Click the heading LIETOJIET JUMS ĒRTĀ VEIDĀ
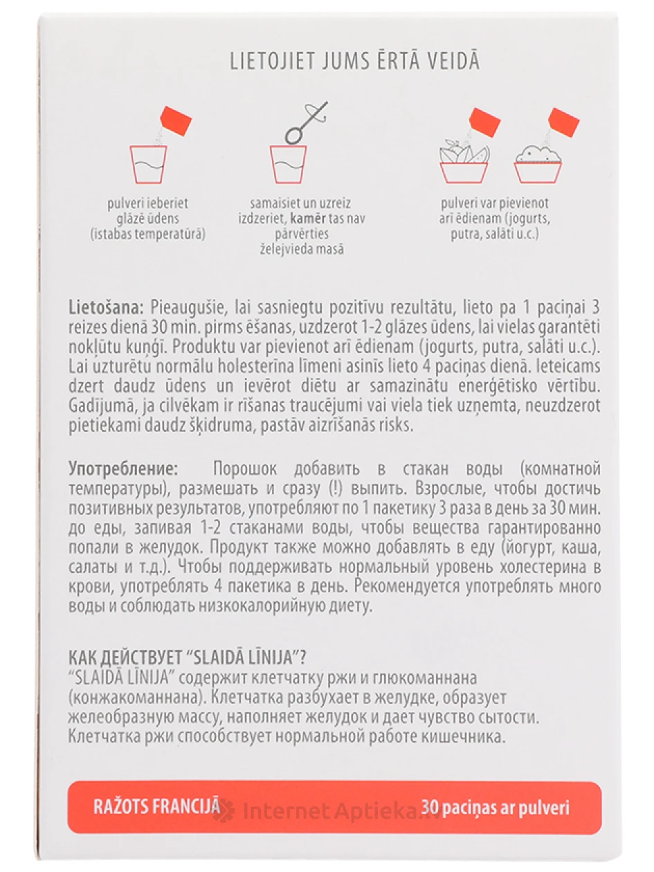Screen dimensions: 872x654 [x=354, y=62]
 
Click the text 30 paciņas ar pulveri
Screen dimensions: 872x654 [x=495, y=808]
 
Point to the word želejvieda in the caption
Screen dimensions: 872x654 [x=269, y=249]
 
